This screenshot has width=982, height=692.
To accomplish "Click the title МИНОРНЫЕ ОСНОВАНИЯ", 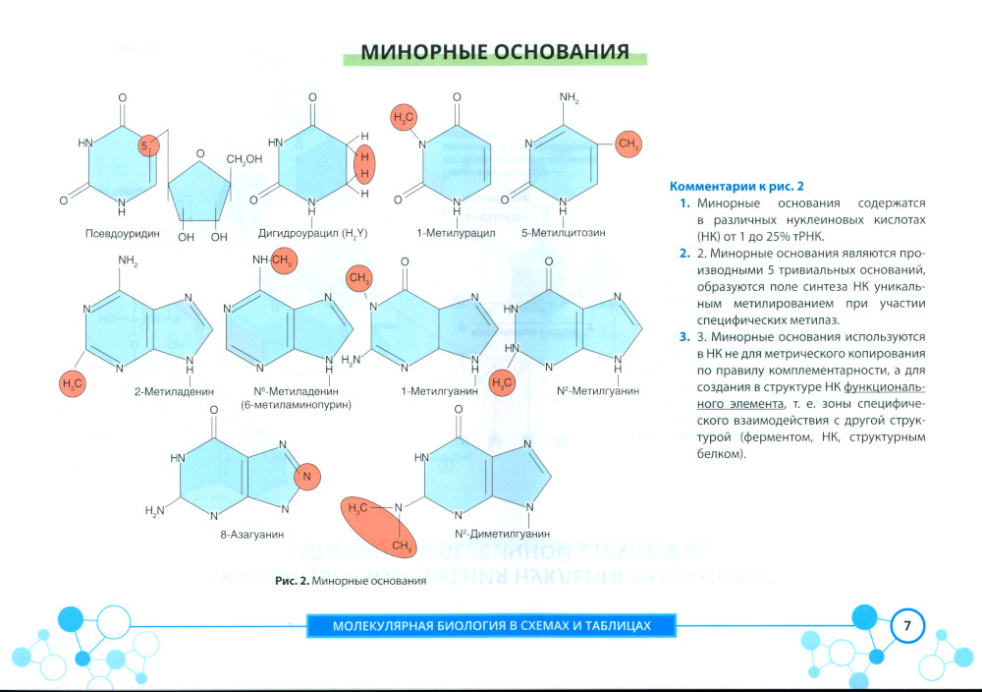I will click(495, 52).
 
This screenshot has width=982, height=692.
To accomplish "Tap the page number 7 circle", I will click(907, 626).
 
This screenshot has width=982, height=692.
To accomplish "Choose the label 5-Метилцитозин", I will click(564, 234).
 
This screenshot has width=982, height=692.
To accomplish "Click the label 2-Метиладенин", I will click(174, 391).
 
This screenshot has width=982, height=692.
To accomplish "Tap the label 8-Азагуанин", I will click(251, 535).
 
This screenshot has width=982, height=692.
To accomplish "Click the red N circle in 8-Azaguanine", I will click(306, 477).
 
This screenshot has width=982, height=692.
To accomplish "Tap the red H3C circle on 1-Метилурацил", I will click(406, 119).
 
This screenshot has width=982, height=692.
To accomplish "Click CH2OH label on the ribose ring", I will click(244, 159).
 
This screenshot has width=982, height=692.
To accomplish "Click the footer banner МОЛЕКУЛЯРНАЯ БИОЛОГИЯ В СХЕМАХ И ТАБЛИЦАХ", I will click(491, 626).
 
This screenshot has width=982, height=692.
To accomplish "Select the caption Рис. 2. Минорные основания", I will click(350, 581).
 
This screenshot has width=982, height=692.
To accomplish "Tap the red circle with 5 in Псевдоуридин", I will click(149, 145).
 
